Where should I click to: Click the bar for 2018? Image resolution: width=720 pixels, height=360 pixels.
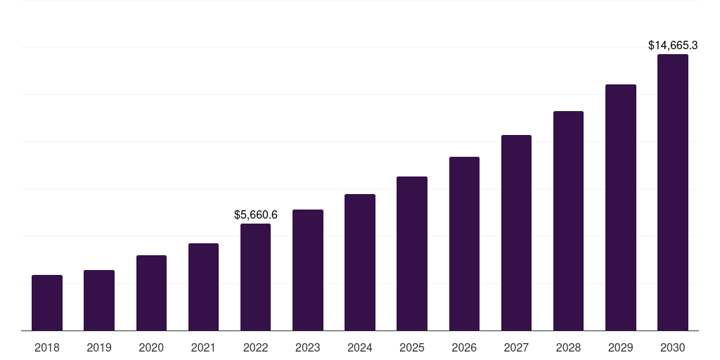[47, 302]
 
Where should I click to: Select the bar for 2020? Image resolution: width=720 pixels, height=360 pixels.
[151, 292]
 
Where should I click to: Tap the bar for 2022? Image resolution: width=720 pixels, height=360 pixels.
[255, 277]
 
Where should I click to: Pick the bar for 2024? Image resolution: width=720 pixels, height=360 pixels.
[360, 262]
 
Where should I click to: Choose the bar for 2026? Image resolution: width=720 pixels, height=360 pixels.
[464, 243]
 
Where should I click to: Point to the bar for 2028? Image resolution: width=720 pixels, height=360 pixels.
[568, 221]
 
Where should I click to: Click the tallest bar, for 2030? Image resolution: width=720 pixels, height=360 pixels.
[672, 192]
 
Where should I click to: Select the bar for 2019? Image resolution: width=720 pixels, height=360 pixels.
[99, 300]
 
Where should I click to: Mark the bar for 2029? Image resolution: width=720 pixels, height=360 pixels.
[620, 207]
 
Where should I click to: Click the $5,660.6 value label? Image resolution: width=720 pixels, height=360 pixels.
[256, 214]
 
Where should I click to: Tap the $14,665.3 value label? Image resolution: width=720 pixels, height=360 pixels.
[672, 45]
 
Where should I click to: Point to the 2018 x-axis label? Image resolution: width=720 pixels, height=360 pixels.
[47, 347]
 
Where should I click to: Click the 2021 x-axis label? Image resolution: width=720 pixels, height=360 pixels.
[203, 347]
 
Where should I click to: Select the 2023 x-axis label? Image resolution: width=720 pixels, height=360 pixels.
[307, 347]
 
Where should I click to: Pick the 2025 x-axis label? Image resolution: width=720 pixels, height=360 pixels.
[412, 347]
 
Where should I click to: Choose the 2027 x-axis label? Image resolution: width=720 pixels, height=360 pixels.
[516, 347]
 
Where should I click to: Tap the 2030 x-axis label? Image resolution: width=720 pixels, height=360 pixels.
[672, 347]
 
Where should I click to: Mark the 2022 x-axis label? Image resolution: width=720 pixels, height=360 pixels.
[255, 347]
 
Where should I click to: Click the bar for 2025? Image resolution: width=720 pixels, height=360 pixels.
[412, 253]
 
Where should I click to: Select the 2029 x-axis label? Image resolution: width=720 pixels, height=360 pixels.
[620, 347]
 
